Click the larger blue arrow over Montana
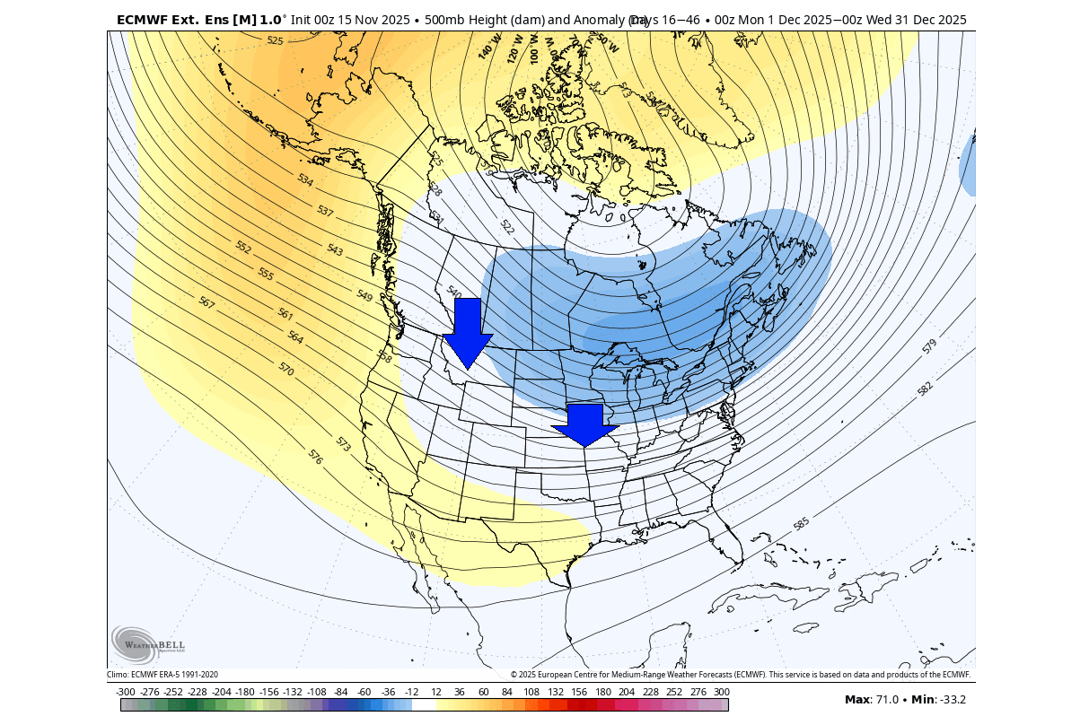[x=468, y=333]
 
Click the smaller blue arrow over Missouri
[x=586, y=424]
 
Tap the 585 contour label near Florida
[x=801, y=522]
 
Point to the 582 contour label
[x=925, y=388]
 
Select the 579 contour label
[x=928, y=345]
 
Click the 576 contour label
[x=315, y=457]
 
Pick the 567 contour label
[x=206, y=303]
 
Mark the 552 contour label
[x=243, y=247]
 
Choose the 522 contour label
[x=506, y=227]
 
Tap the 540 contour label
[x=453, y=293]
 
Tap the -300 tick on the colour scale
[x=126, y=692]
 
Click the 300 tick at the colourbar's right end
[x=722, y=692]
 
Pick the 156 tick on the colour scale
[x=580, y=692]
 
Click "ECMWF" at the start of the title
[x=144, y=19]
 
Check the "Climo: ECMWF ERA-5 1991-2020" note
[x=162, y=675]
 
